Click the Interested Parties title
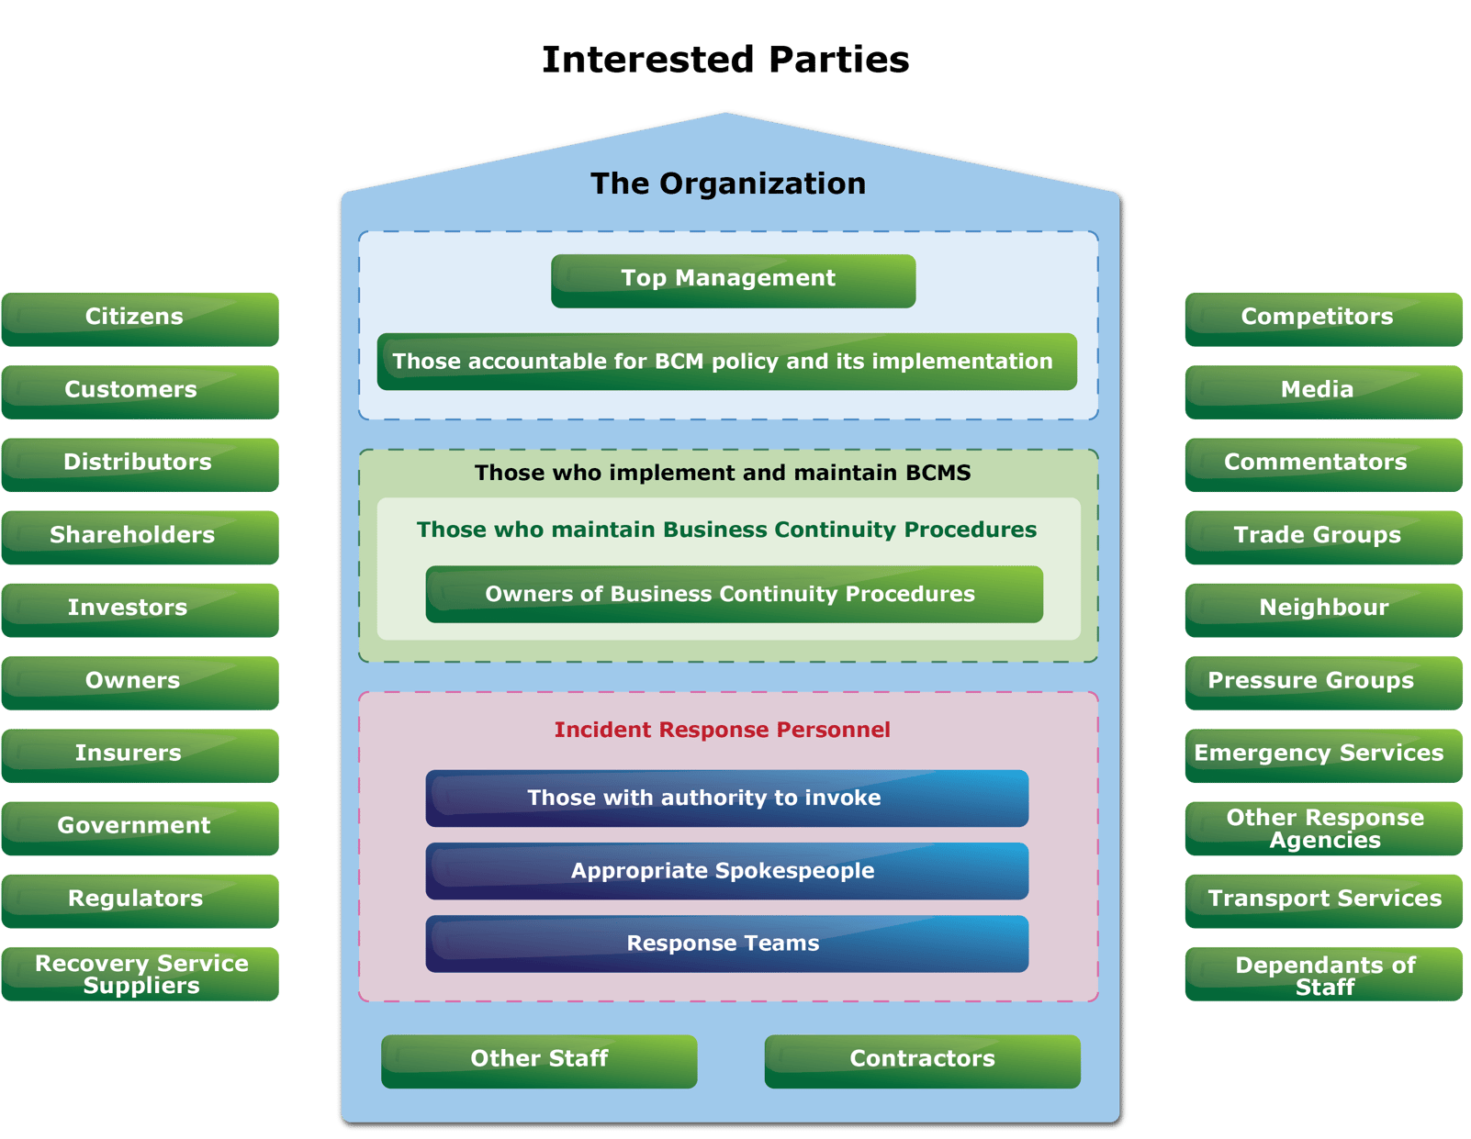pyautogui.click(x=725, y=60)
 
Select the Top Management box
pyautogui.click(x=733, y=280)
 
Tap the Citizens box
pyautogui.click(x=140, y=318)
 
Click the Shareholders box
pyautogui.click(x=140, y=536)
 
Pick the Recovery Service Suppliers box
pyautogui.click(x=140, y=974)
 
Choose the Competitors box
pyautogui.click(x=1322, y=318)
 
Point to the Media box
pyautogui.click(x=1322, y=391)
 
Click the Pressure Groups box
pyautogui.click(x=1322, y=682)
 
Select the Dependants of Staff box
pyautogui.click(x=1322, y=975)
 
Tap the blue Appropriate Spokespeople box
pyautogui.click(x=726, y=871)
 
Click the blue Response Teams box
pyautogui.click(x=726, y=944)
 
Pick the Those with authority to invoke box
pyautogui.click(x=726, y=798)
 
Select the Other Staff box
pyautogui.click(x=539, y=1060)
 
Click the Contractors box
pyautogui.click(x=922, y=1060)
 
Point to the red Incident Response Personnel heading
pyautogui.click(x=722, y=730)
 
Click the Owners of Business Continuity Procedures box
pyautogui.click(x=734, y=594)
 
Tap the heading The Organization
pyautogui.click(x=727, y=184)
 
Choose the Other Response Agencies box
pyautogui.click(x=1322, y=829)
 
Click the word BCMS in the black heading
pyautogui.click(x=938, y=473)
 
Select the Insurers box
pyautogui.click(x=140, y=754)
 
